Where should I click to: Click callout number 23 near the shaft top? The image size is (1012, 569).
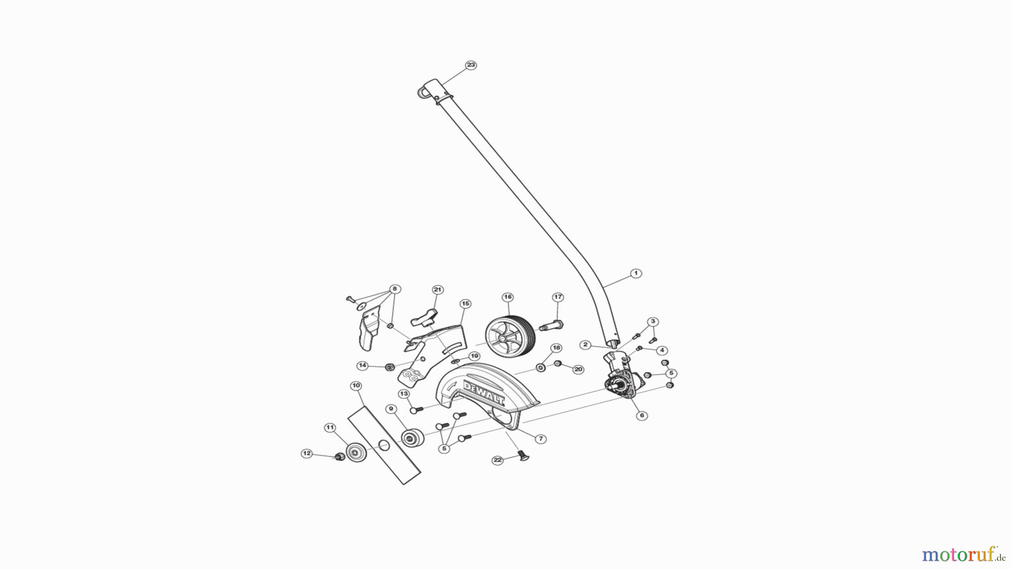click(x=471, y=65)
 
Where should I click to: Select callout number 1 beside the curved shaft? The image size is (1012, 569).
click(x=636, y=273)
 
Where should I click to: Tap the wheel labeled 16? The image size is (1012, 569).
click(x=508, y=336)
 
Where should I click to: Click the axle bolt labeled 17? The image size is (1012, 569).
click(x=551, y=325)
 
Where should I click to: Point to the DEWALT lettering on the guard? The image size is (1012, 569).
click(x=484, y=392)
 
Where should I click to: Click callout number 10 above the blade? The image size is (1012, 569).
click(x=355, y=386)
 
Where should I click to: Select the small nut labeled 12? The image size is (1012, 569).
click(x=339, y=457)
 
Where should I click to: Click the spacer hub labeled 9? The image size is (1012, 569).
click(x=412, y=437)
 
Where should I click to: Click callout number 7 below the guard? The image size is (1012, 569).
click(x=540, y=439)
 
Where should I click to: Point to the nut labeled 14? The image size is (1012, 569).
click(x=388, y=367)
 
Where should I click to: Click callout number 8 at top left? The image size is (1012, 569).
click(x=395, y=289)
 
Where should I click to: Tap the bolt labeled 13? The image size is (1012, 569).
click(x=417, y=410)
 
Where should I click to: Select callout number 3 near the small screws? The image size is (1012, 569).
click(x=652, y=322)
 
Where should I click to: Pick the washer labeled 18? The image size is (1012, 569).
click(x=541, y=368)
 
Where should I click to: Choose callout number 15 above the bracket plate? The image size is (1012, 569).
click(x=465, y=304)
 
